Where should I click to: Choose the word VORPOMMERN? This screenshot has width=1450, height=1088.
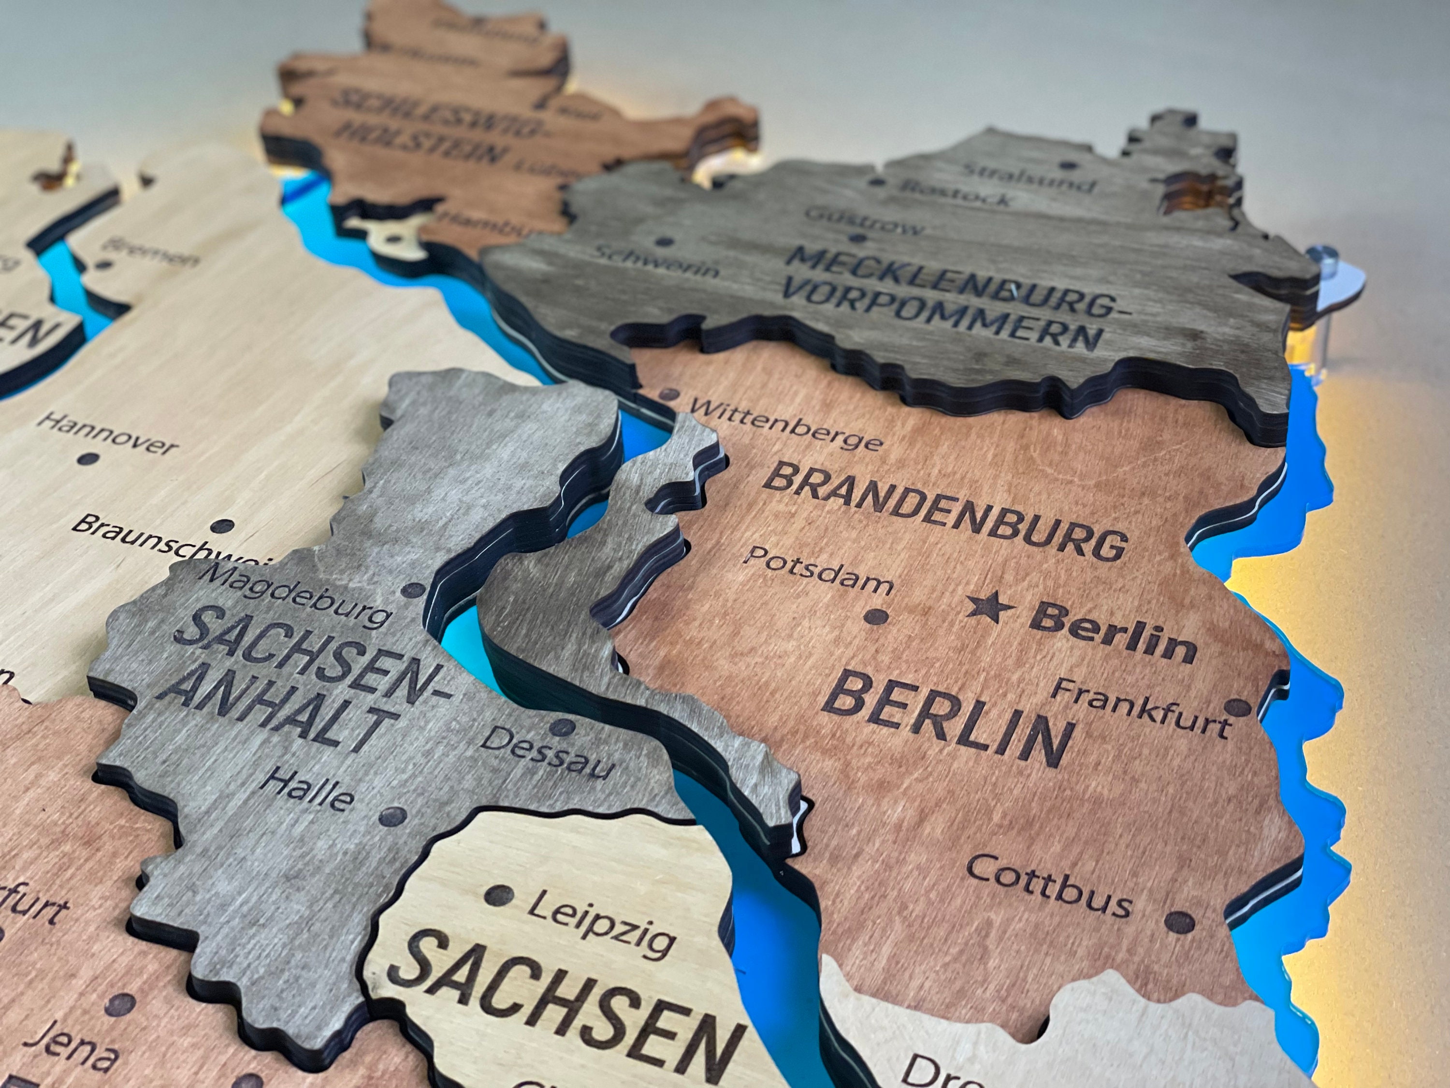pyautogui.click(x=942, y=317)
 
